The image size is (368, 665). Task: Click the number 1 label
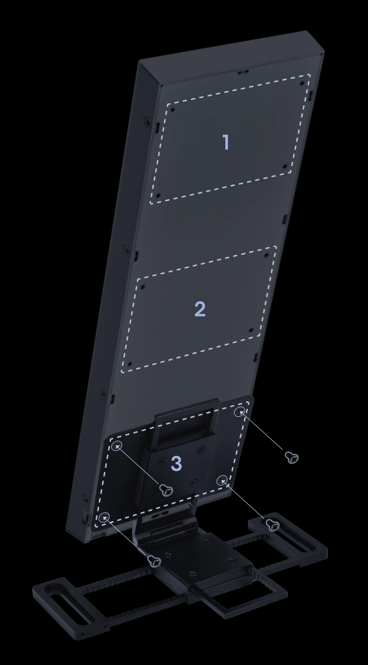(226, 142)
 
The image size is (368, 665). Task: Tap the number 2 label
(200, 309)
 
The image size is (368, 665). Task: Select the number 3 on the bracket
(176, 464)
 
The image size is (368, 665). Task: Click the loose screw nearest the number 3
(167, 490)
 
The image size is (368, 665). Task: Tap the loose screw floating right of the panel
(292, 457)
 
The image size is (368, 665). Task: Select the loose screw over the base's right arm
(272, 525)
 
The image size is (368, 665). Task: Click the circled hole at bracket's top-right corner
(240, 412)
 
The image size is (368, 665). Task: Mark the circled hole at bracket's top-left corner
(117, 446)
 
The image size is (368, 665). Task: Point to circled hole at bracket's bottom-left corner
(105, 517)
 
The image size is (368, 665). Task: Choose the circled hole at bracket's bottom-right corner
(222, 481)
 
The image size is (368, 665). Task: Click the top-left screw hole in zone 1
(173, 110)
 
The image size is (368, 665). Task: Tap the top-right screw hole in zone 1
(302, 83)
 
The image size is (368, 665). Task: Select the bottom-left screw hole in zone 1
(158, 195)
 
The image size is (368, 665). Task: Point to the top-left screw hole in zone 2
(143, 286)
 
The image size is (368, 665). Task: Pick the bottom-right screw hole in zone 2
(251, 330)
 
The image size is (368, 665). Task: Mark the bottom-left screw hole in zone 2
(130, 364)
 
